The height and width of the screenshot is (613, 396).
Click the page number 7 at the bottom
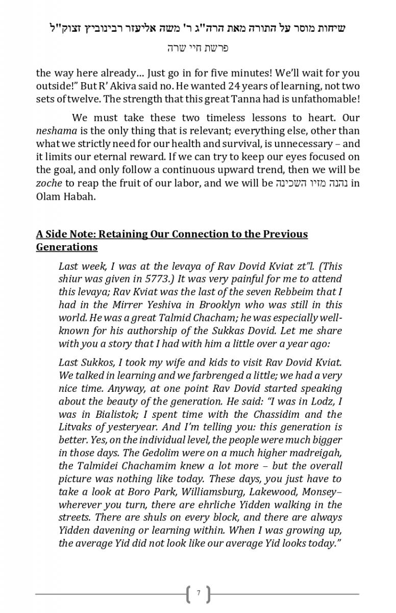(x=198, y=594)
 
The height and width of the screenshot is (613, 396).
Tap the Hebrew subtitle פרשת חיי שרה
(x=197, y=48)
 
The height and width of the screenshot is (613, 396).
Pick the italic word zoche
(x=48, y=183)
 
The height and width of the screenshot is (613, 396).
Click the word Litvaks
(x=76, y=427)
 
